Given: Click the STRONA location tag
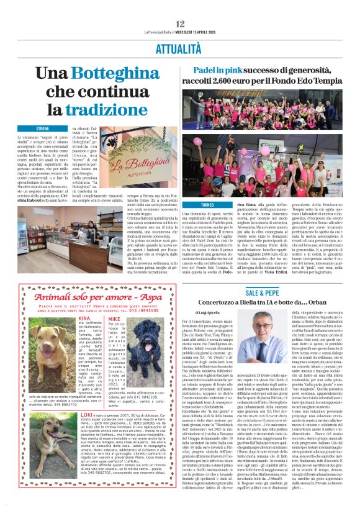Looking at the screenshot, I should tap(42, 128).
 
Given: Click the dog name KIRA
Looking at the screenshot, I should tap(84, 318).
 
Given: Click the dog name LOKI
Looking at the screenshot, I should tap(87, 414).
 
